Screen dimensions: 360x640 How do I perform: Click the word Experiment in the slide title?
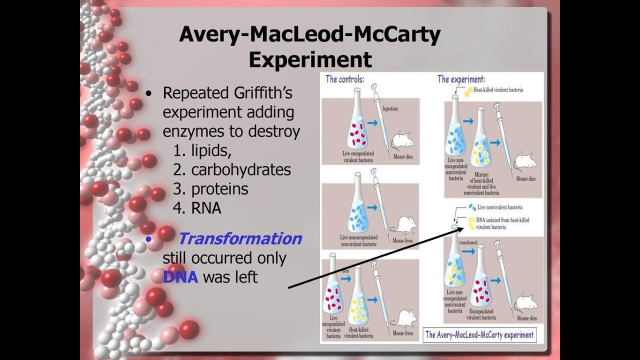point(310,59)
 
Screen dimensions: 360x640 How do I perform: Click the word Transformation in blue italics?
point(240,238)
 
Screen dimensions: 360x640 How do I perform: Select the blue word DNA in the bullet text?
point(180,276)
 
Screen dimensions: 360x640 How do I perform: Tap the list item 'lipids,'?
point(211,151)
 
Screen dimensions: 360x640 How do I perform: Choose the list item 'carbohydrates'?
point(240,170)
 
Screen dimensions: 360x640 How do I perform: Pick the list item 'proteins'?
point(219,189)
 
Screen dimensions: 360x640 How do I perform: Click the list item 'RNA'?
point(206,208)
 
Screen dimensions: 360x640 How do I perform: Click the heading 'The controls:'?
point(344,79)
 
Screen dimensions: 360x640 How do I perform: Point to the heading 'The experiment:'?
point(461,79)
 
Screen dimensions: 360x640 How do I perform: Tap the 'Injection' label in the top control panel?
point(390,108)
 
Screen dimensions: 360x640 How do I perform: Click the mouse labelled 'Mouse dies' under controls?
point(402,140)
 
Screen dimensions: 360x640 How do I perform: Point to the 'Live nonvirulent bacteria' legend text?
point(500,207)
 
